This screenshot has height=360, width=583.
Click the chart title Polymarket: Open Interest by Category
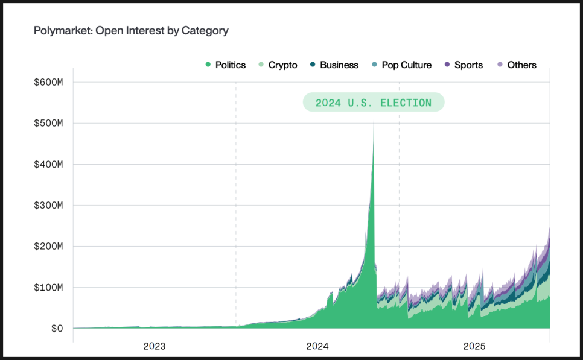(x=131, y=30)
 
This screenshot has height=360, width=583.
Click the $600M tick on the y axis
(x=49, y=82)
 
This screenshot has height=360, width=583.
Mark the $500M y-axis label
(x=49, y=123)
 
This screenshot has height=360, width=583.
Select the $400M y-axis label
(x=49, y=164)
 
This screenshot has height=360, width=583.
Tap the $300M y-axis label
(x=49, y=205)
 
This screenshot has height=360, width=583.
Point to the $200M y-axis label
(x=49, y=246)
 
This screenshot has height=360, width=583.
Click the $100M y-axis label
(x=49, y=287)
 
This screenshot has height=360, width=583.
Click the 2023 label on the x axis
(x=155, y=347)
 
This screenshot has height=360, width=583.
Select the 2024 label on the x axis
(x=317, y=347)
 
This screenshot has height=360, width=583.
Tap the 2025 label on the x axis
(x=474, y=347)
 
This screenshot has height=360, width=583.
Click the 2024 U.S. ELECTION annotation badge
(x=374, y=103)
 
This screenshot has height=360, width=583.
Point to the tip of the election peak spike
(x=374, y=121)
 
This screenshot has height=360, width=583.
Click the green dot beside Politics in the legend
(x=208, y=65)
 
